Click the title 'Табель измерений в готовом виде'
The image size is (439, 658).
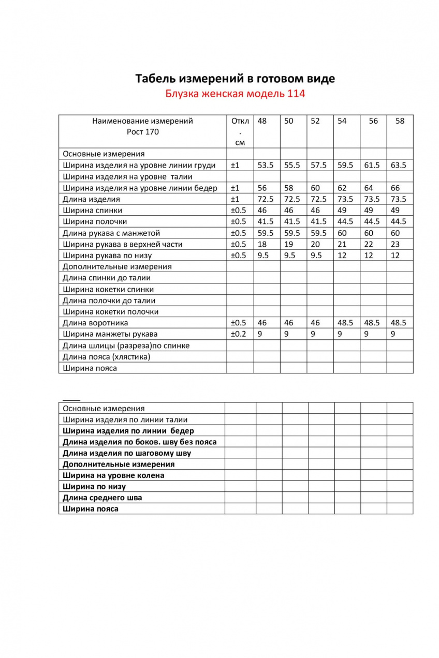tap(235, 79)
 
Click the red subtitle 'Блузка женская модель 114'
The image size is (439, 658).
tap(235, 94)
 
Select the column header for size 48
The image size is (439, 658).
tap(262, 121)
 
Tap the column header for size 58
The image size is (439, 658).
tap(400, 121)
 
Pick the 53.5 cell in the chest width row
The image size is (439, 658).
tap(266, 166)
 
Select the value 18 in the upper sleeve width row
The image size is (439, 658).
tap(262, 244)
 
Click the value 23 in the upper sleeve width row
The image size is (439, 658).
tap(395, 244)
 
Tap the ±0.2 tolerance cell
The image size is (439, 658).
tap(239, 334)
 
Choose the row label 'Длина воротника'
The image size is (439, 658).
tap(96, 323)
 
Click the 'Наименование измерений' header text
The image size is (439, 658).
tap(142, 121)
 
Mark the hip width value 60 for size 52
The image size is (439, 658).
tap(315, 188)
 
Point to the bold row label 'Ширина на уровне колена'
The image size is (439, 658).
tap(113, 475)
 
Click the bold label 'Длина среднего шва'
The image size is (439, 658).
tap(103, 498)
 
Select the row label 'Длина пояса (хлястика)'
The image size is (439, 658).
tap(107, 357)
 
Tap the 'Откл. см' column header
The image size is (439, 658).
tap(240, 131)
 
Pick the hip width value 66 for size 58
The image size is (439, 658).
tap(395, 188)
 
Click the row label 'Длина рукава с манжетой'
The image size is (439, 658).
tap(111, 233)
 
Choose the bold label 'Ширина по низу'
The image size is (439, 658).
tap(94, 487)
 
